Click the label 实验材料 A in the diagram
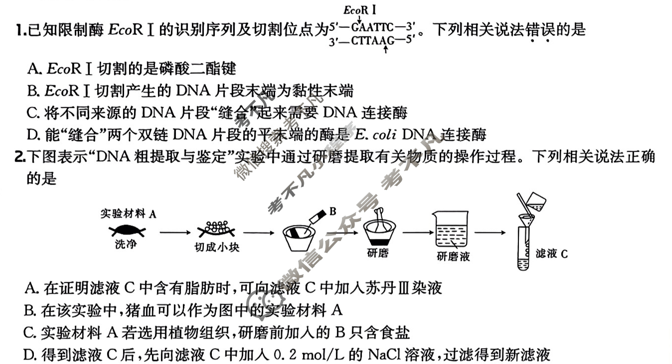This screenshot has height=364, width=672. [128, 214]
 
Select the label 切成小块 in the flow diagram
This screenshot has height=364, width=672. [217, 247]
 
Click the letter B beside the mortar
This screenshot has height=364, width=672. [333, 212]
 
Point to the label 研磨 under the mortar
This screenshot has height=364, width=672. [377, 252]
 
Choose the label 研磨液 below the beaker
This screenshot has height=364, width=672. [453, 257]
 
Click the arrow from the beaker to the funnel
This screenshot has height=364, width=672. [491, 232]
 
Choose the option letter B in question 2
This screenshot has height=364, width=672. [29, 311]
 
